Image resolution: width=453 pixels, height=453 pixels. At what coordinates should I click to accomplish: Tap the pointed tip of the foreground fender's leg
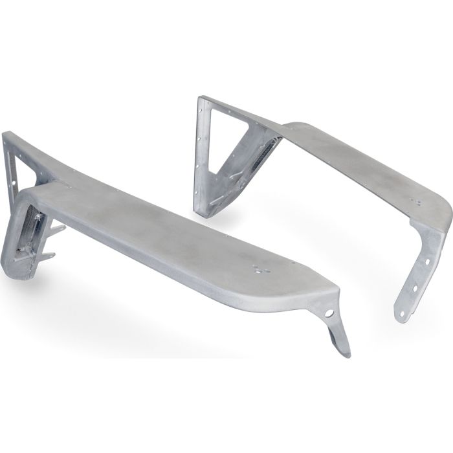pyautogui.click(x=348, y=353)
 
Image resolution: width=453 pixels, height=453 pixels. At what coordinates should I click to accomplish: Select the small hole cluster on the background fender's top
pyautogui.click(x=420, y=203)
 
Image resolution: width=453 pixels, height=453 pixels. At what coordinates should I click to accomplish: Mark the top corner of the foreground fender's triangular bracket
pyautogui.click(x=6, y=135)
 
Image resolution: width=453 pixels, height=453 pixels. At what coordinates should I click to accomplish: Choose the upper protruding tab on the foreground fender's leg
pyautogui.click(x=57, y=228)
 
